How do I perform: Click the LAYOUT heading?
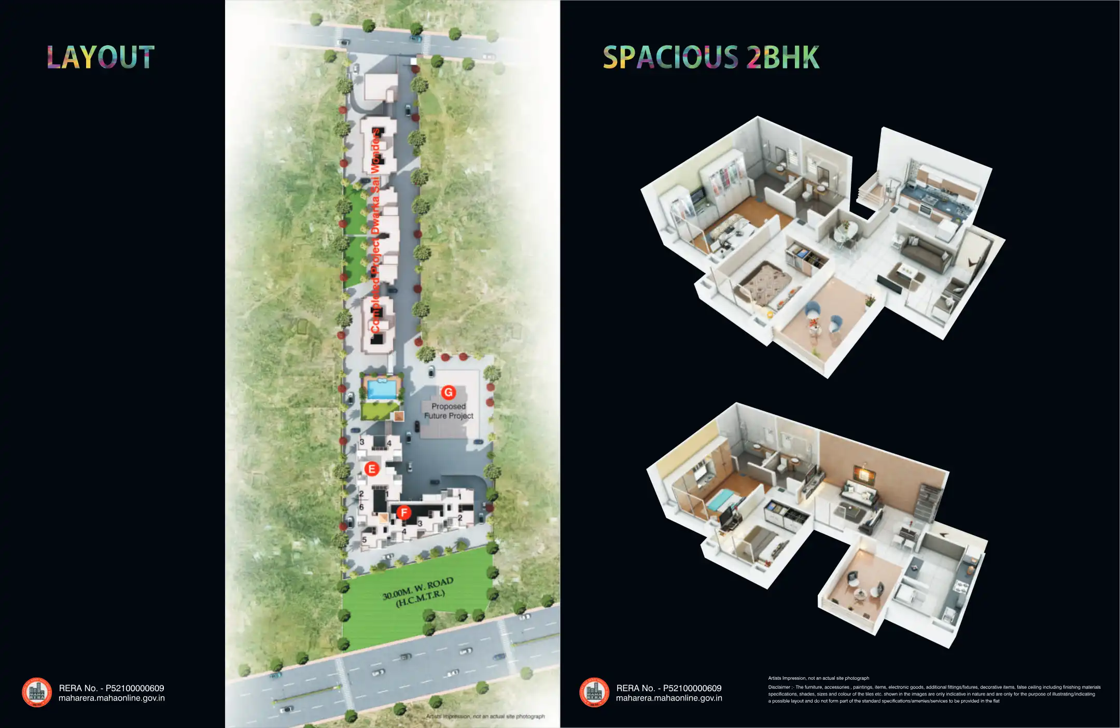click(x=101, y=57)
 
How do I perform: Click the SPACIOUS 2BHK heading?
click(x=711, y=57)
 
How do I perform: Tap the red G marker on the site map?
click(x=448, y=393)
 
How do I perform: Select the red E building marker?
click(x=371, y=469)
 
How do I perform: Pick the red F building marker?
click(x=403, y=513)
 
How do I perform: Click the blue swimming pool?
click(x=382, y=389)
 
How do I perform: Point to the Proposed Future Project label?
click(x=449, y=411)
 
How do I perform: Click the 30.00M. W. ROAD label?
click(x=418, y=592)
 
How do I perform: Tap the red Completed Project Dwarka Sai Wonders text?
click(x=376, y=231)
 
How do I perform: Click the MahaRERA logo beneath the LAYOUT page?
click(x=37, y=692)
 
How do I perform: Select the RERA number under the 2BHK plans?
click(x=668, y=688)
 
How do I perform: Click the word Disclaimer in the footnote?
click(x=779, y=688)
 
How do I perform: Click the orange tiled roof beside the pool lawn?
click(x=398, y=416)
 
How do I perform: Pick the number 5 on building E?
click(x=365, y=539)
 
